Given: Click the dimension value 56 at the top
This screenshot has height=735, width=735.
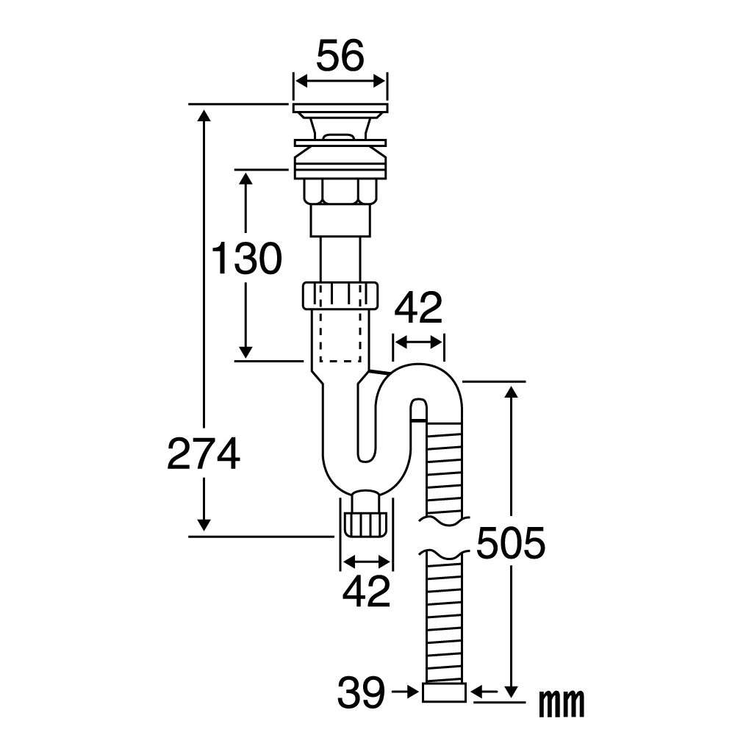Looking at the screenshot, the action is click(340, 55).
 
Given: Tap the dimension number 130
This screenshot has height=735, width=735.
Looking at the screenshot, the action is click(246, 258).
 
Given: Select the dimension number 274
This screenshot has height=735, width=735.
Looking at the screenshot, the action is click(204, 453).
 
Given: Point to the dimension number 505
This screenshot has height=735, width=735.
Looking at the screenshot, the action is click(511, 543).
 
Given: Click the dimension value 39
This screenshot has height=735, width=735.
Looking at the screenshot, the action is click(361, 692).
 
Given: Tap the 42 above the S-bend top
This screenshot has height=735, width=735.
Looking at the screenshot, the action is click(418, 308).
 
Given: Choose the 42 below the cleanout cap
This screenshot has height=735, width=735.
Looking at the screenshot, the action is click(366, 591).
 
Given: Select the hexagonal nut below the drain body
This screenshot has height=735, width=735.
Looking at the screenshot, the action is click(340, 191).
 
